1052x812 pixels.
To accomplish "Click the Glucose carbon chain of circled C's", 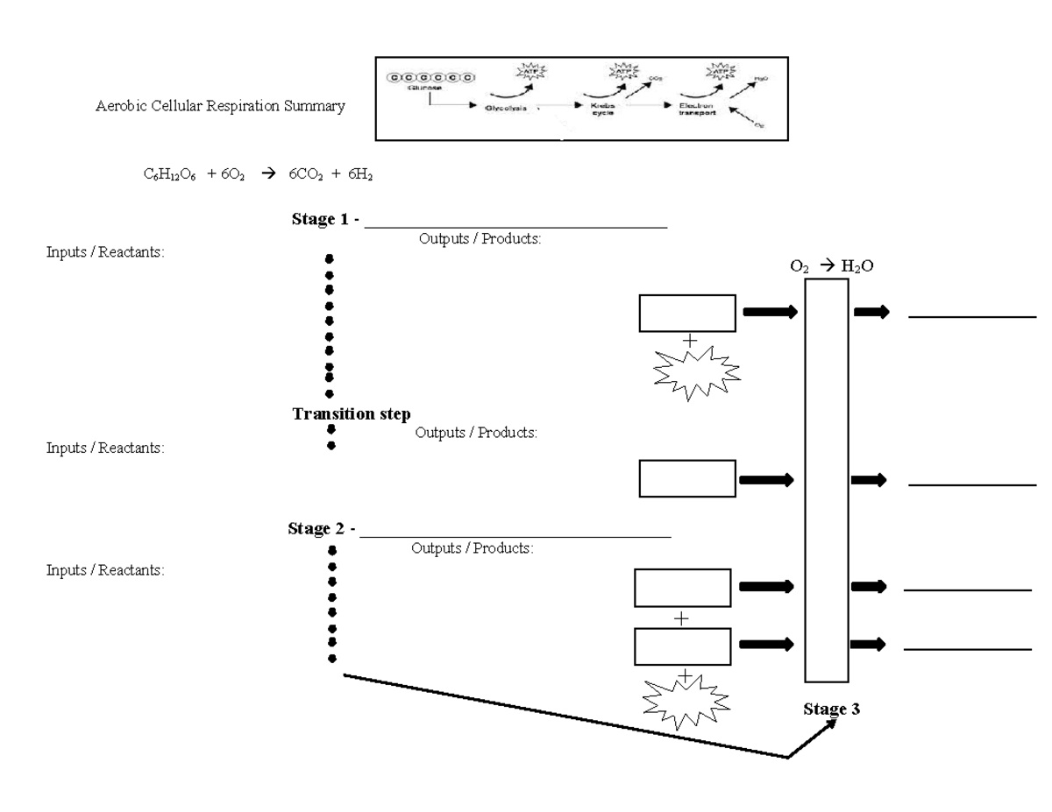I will pyautogui.click(x=430, y=76).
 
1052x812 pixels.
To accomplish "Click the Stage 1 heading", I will pyautogui.click(x=325, y=220).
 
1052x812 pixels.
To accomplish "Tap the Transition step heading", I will pyautogui.click(x=352, y=414).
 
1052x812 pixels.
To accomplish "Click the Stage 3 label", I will pyautogui.click(x=831, y=709).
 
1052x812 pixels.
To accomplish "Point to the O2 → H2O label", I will pyautogui.click(x=832, y=266).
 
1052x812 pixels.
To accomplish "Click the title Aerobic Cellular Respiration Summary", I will pyautogui.click(x=220, y=108).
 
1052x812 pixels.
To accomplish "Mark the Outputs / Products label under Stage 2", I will pyautogui.click(x=472, y=548).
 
